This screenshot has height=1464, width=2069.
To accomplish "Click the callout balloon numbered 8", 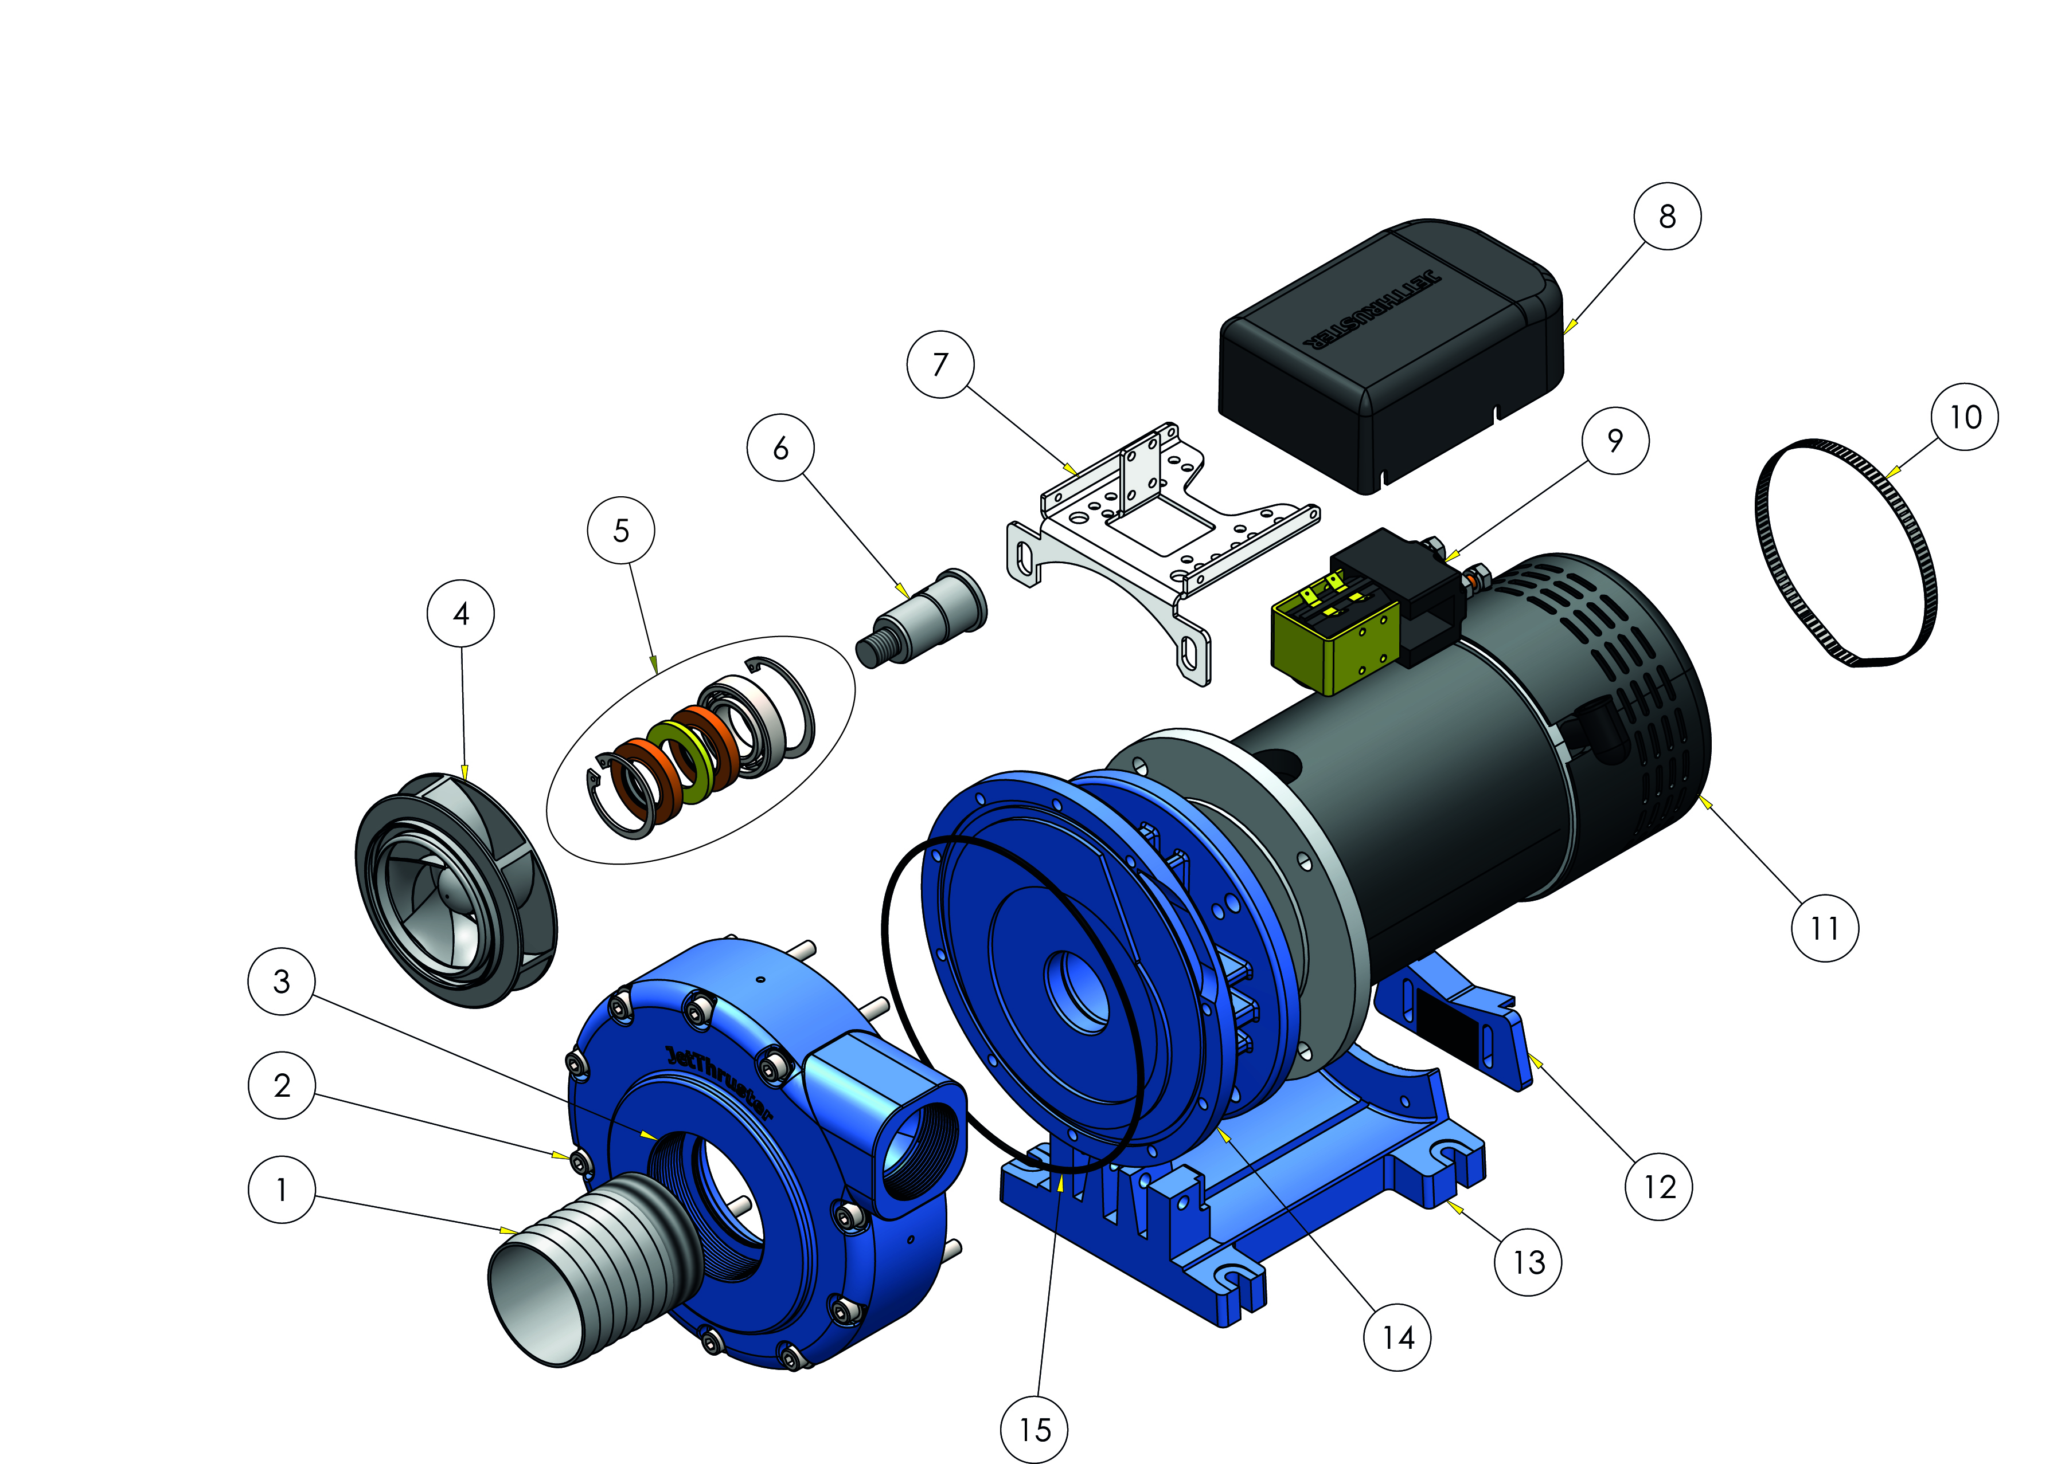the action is point(1667,217).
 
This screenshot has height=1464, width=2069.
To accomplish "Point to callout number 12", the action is point(1658,1186).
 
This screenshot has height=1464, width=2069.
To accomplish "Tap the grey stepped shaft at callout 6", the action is point(922,618).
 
